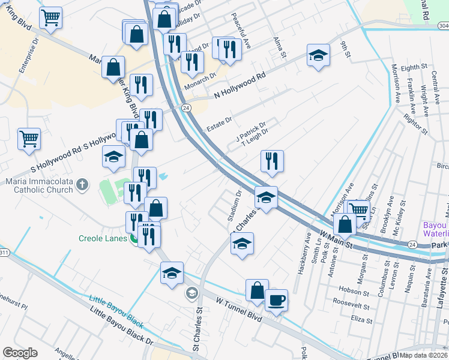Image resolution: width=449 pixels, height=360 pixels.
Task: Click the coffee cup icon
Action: [276, 299]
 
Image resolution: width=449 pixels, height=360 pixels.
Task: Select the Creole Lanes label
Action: [103, 238]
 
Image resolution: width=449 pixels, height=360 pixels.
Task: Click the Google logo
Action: [20, 353]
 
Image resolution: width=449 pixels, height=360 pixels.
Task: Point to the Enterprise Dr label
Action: [28, 58]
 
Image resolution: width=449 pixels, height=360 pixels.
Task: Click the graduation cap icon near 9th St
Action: [318, 56]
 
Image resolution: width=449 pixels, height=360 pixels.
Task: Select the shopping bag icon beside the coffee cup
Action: [256, 290]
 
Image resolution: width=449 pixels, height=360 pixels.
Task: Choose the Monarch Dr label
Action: [200, 81]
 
